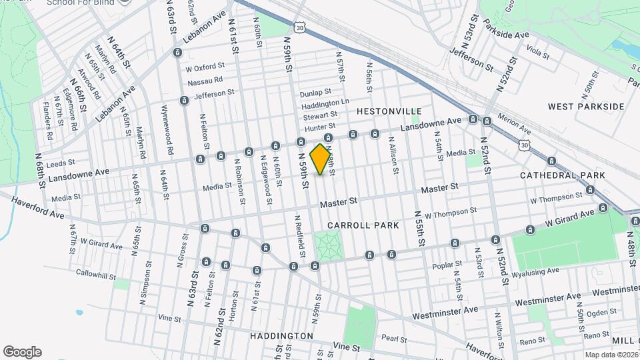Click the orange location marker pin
(x=321, y=159)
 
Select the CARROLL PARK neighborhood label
(x=363, y=225)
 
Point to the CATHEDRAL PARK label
(x=563, y=175)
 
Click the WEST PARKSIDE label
(x=586, y=106)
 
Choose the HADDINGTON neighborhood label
(x=282, y=335)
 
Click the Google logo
(x=22, y=352)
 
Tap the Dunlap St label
(x=315, y=93)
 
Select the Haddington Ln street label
(x=325, y=105)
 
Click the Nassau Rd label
(x=205, y=81)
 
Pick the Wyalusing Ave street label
(x=535, y=271)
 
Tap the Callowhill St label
(x=97, y=275)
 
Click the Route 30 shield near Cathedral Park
(x=524, y=144)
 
